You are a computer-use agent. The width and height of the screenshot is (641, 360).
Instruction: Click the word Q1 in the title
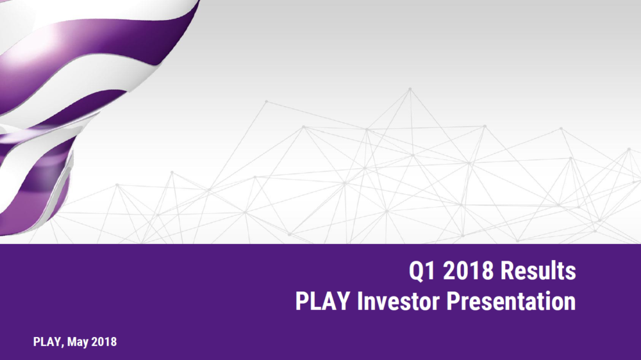click(x=422, y=271)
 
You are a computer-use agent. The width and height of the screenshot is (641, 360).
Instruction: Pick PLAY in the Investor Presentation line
click(x=322, y=301)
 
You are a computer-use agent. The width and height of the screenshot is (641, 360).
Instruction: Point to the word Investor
click(x=399, y=301)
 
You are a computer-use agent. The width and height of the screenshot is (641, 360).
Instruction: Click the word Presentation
click(x=511, y=301)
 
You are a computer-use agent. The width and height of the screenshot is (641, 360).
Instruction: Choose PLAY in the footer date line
click(x=47, y=341)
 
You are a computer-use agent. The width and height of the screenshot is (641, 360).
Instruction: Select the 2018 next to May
click(x=104, y=341)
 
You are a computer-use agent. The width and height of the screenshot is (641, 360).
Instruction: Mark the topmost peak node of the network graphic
click(x=410, y=88)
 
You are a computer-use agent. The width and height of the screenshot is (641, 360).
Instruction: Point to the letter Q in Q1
click(x=417, y=272)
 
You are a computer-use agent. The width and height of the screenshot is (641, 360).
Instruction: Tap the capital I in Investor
click(x=360, y=301)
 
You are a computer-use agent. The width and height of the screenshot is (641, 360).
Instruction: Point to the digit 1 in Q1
click(x=431, y=270)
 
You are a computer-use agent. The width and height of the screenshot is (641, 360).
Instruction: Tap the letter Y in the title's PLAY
click(x=344, y=301)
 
